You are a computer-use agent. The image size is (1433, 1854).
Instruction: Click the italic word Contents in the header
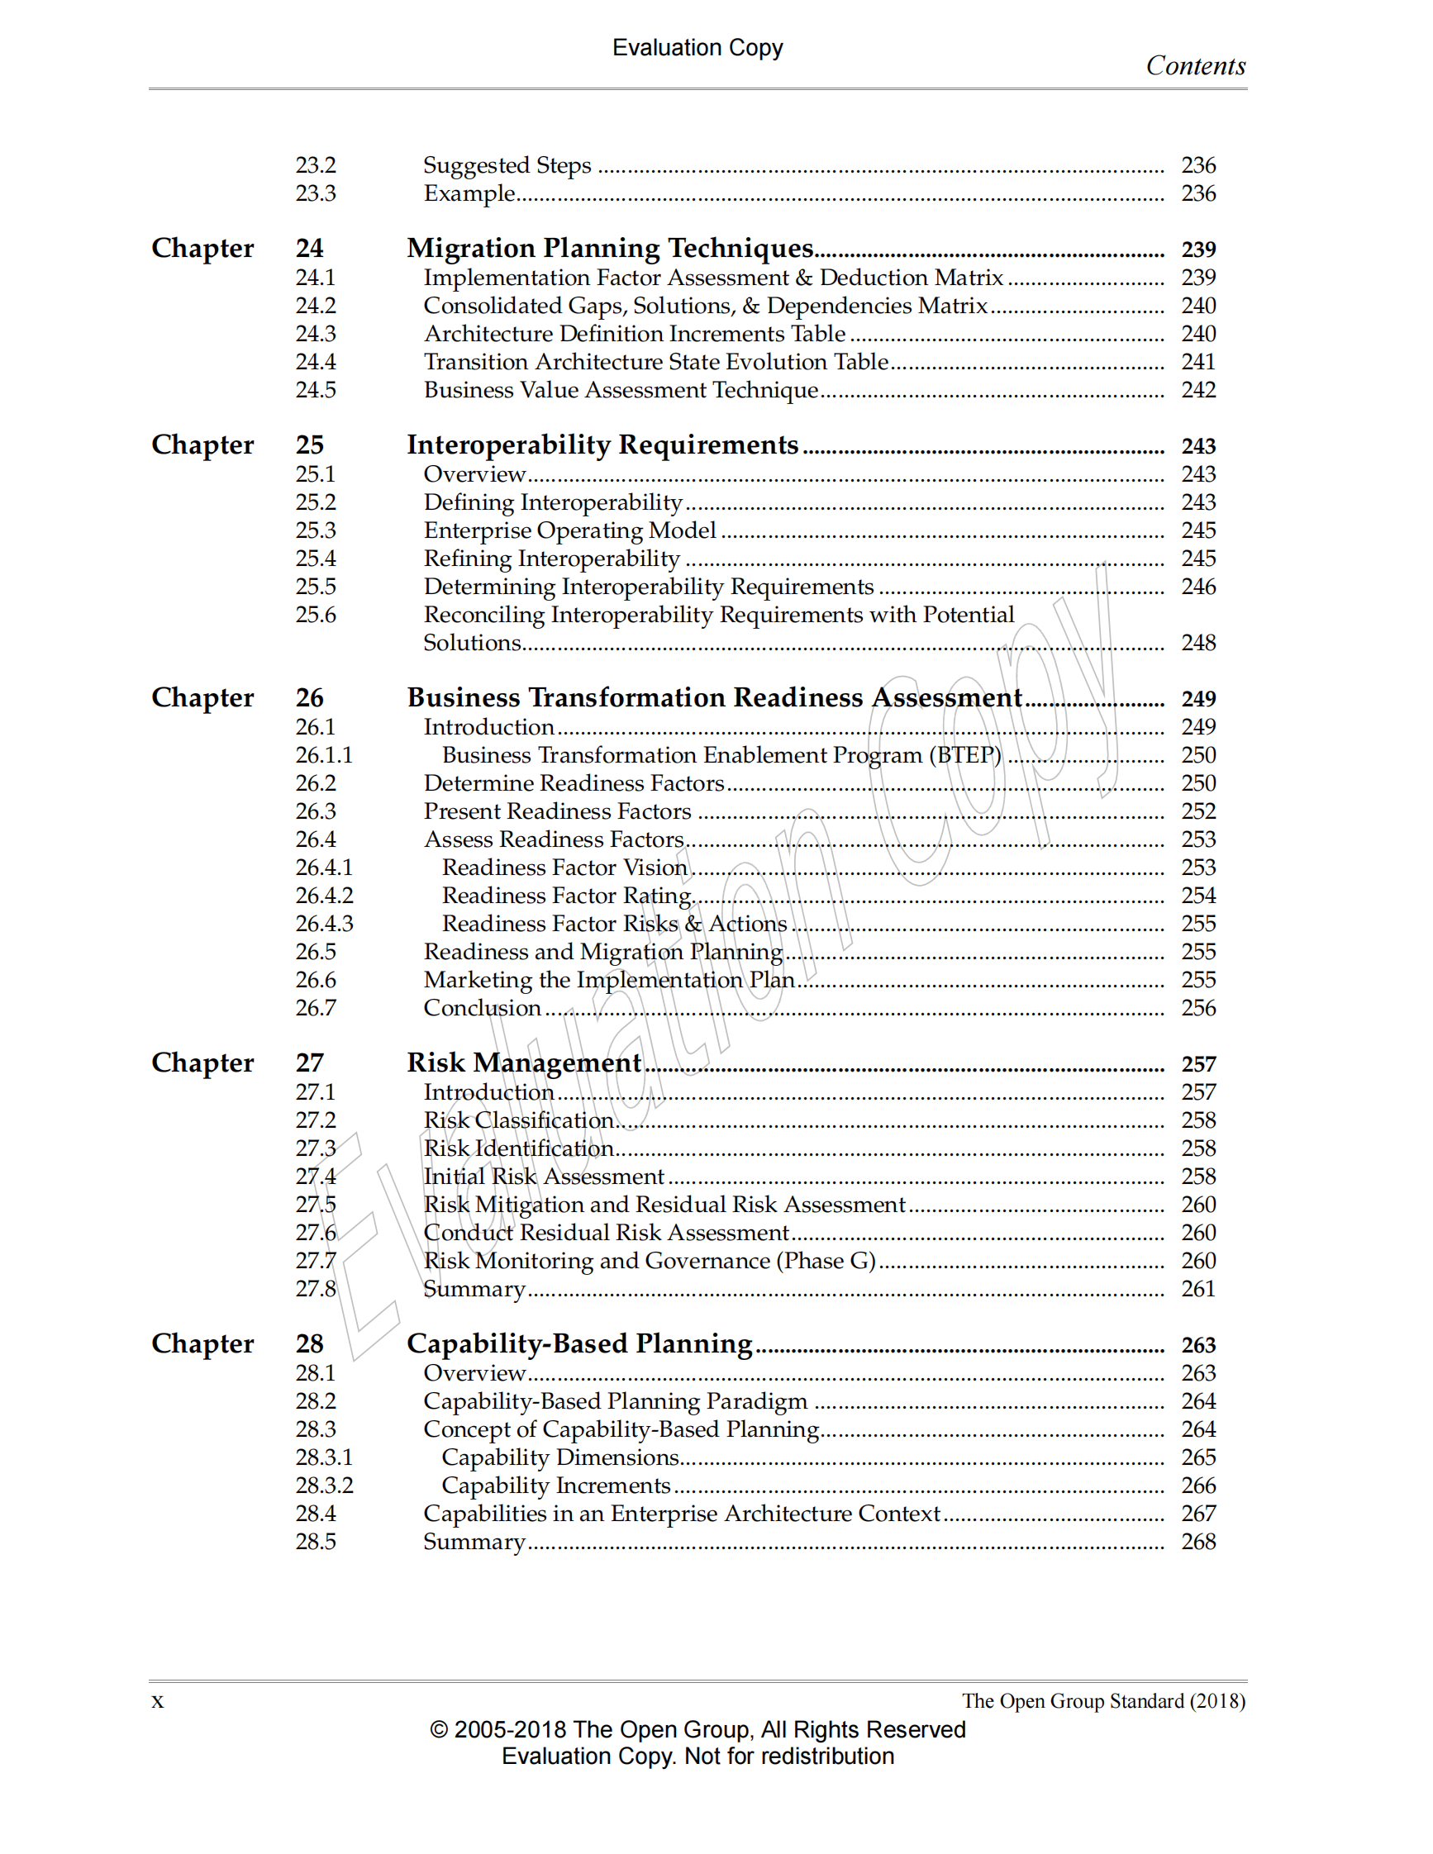coord(1194,66)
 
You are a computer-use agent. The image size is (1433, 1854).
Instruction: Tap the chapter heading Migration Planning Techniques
coord(610,248)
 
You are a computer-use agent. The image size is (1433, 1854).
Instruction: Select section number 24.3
coord(315,334)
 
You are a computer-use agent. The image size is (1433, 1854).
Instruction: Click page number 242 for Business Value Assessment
coord(1197,390)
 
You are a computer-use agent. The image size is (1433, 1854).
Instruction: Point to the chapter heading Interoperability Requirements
coord(602,444)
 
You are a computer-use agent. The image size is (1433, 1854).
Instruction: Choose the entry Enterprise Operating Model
coord(569,530)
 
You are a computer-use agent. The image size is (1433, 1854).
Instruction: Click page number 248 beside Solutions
coord(1197,643)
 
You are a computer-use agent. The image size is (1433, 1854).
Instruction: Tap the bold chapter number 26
coord(309,698)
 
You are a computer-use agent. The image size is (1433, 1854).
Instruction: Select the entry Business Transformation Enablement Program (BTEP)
coord(721,754)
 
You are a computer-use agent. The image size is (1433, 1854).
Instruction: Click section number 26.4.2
coord(323,896)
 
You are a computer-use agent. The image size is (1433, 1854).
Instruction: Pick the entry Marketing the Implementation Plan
coord(609,980)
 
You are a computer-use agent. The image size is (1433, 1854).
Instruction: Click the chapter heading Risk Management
coord(524,1062)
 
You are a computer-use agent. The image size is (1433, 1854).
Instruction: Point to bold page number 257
coord(1197,1063)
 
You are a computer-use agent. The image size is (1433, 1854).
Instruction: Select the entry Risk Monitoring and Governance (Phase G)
coord(650,1261)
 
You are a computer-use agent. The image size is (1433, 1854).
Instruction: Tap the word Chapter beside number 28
coord(202,1343)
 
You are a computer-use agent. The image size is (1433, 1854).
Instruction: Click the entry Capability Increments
coord(556,1486)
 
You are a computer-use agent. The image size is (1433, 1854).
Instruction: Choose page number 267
coord(1197,1514)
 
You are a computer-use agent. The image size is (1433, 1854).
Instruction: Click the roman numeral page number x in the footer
coord(157,1701)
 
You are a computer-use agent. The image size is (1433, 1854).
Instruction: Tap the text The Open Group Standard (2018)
coord(1102,1701)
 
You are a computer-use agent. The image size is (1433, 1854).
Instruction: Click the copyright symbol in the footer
coord(438,1730)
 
